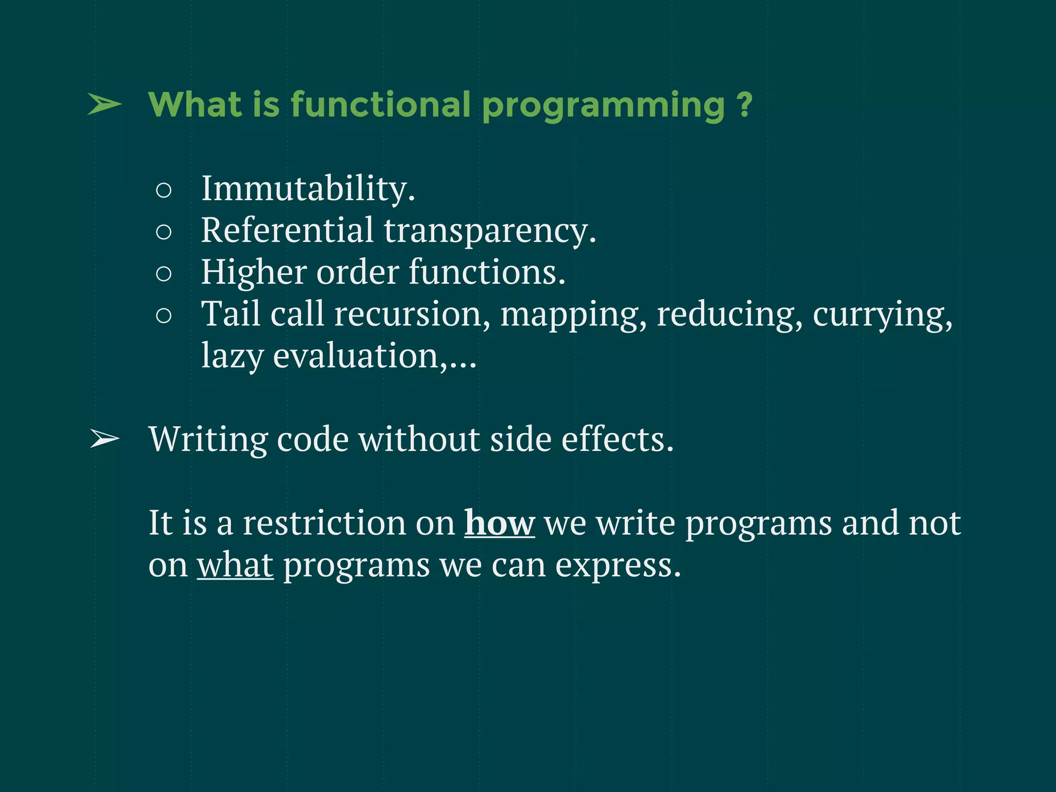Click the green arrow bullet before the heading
(105, 105)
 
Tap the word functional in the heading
(381, 105)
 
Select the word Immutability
(308, 189)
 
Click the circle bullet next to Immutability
(163, 191)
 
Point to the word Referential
(287, 230)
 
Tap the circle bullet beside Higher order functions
(163, 274)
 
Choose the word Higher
(253, 272)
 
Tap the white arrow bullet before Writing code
(105, 439)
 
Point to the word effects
(617, 439)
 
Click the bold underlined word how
(499, 523)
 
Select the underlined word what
(235, 565)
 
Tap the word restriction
(324, 523)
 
